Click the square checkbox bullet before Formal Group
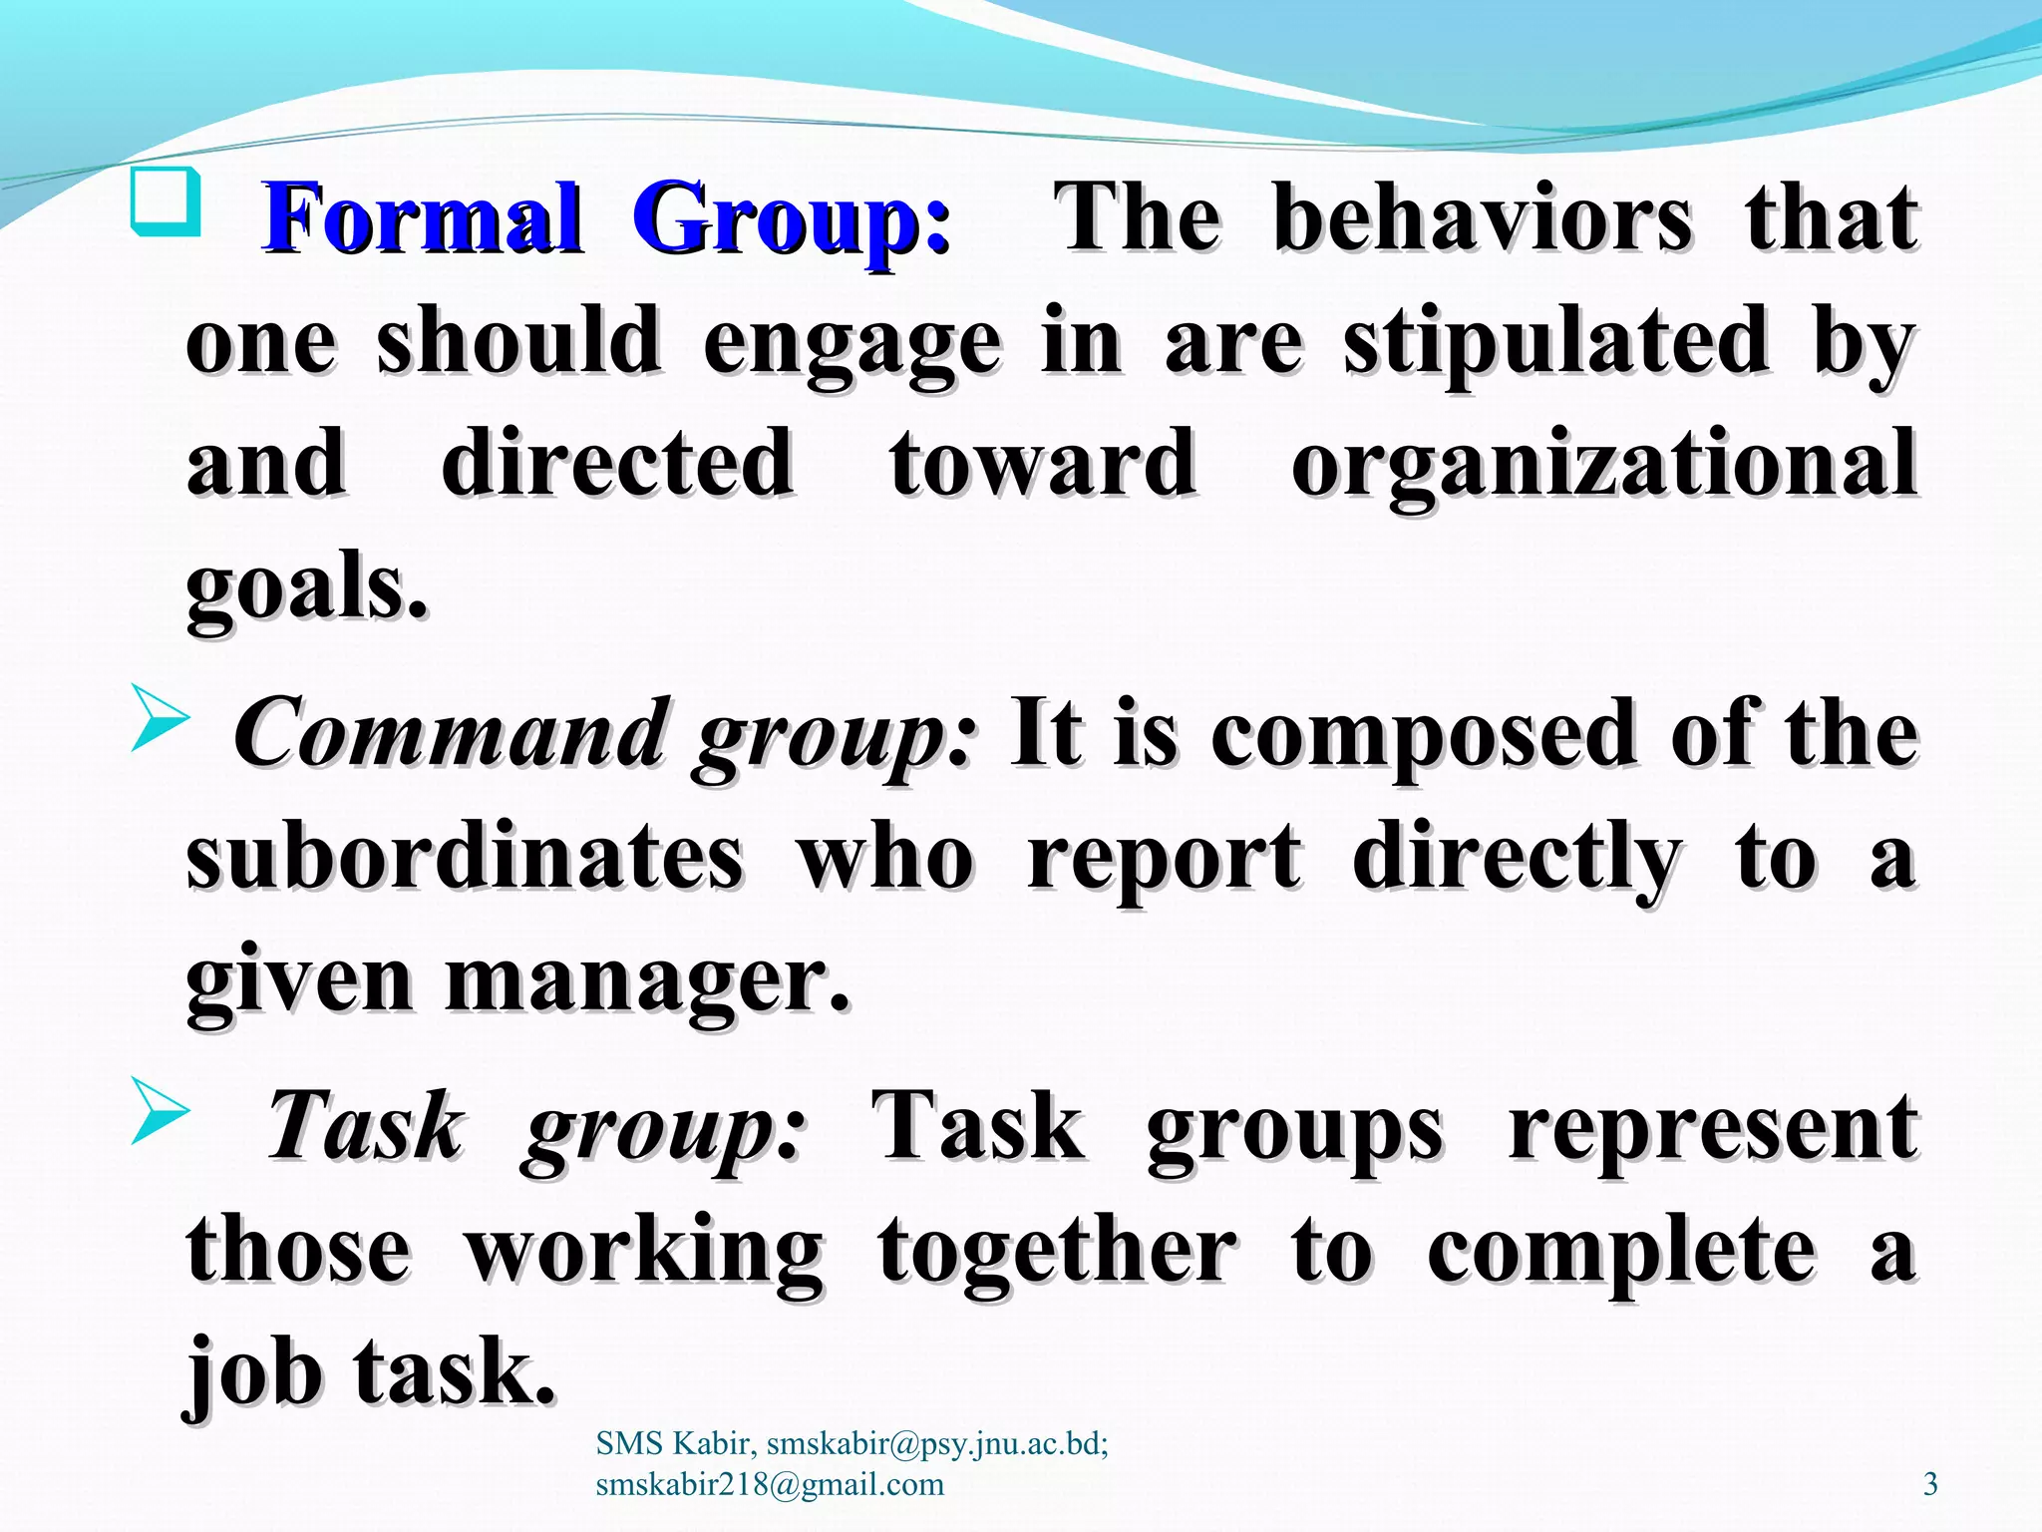(166, 202)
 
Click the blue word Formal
(421, 218)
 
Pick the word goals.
(307, 588)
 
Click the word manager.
(647, 982)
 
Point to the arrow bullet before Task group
(160, 1114)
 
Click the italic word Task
(365, 1127)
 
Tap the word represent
(1713, 1127)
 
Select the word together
(1057, 1252)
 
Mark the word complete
(1621, 1252)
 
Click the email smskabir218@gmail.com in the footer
(770, 1484)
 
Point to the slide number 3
(1930, 1484)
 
